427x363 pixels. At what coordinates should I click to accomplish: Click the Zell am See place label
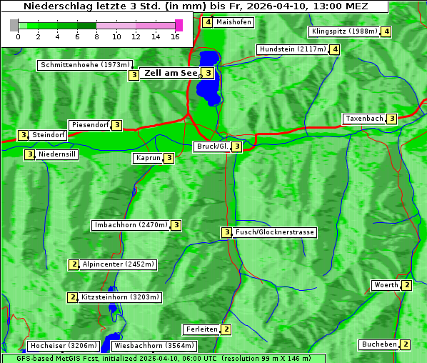click(x=171, y=73)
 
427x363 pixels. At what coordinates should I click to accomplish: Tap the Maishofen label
click(x=233, y=22)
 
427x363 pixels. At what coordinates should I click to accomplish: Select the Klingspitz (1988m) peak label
click(x=344, y=31)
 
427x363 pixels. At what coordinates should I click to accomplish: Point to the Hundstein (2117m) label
click(x=293, y=49)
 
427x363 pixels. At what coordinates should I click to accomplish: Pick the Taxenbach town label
click(x=364, y=119)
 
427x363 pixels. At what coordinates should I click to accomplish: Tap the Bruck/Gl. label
click(x=212, y=146)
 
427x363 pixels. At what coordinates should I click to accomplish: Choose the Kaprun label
click(x=148, y=158)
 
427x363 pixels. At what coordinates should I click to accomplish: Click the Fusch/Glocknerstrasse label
click(x=275, y=232)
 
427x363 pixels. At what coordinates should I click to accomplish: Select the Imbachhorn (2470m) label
click(x=131, y=225)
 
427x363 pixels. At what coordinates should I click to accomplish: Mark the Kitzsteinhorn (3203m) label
click(x=121, y=297)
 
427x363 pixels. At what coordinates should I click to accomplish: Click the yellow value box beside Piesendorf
click(x=117, y=125)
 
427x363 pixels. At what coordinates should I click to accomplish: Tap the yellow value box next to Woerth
click(x=406, y=285)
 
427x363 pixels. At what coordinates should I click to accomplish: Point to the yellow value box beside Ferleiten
click(x=226, y=329)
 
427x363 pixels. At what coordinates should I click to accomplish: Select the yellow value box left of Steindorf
click(x=23, y=135)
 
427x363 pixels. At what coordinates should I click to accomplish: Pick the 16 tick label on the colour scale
click(x=174, y=36)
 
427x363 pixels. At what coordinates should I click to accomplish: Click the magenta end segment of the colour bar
click(x=179, y=25)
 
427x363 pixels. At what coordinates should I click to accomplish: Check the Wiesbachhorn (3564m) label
click(x=149, y=346)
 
